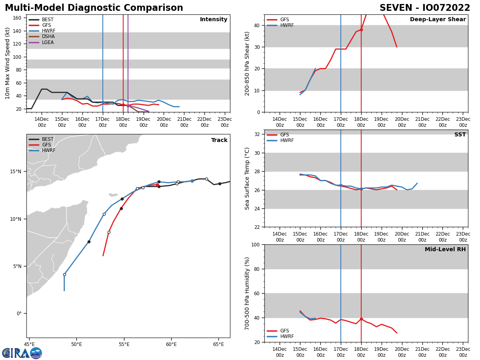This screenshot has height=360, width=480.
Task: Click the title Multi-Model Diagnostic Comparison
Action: (x=94, y=8)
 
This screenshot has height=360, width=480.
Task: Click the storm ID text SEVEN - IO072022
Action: (x=425, y=8)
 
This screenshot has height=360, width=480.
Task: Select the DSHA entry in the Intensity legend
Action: (x=48, y=36)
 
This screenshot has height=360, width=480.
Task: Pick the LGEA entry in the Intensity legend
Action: (x=48, y=42)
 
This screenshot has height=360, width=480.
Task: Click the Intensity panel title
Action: (x=214, y=20)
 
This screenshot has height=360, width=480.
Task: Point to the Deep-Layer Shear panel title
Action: (x=438, y=20)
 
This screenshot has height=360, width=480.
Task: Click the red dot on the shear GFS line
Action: (x=361, y=30)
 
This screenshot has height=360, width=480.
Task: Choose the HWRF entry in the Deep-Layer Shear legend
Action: (x=287, y=26)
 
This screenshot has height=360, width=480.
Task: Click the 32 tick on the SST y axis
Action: (x=258, y=134)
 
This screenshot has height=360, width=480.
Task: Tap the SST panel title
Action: (x=460, y=135)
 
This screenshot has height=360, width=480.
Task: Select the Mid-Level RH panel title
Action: (x=445, y=250)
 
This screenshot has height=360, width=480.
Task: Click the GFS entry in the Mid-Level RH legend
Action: (x=284, y=331)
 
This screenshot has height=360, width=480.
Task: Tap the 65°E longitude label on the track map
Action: (x=218, y=344)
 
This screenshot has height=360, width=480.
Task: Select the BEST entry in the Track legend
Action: (x=48, y=140)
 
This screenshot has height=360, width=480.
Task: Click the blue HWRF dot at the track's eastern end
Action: (x=192, y=181)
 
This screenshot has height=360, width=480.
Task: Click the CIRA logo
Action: (x=22, y=353)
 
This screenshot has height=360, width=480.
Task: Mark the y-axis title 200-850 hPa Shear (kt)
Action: (x=247, y=63)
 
